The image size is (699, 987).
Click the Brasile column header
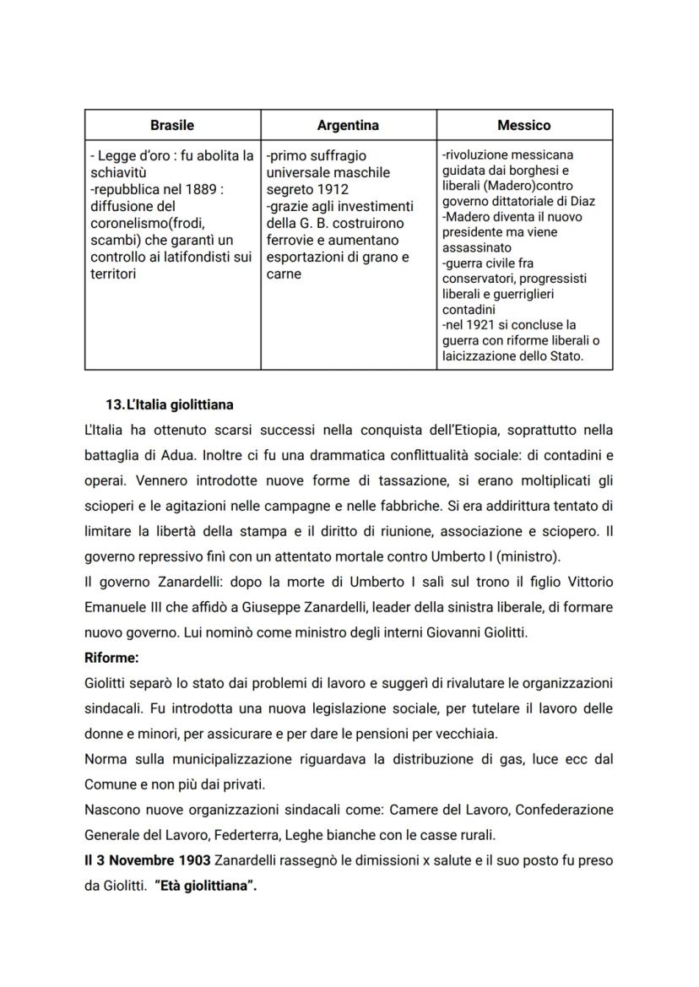click(x=172, y=125)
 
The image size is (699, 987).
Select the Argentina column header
click(x=348, y=125)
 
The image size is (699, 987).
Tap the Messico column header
click(x=523, y=125)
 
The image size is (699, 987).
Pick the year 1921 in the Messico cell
click(x=478, y=325)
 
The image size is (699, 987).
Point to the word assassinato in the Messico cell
click(x=477, y=248)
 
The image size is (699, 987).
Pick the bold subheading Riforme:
click(x=111, y=654)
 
